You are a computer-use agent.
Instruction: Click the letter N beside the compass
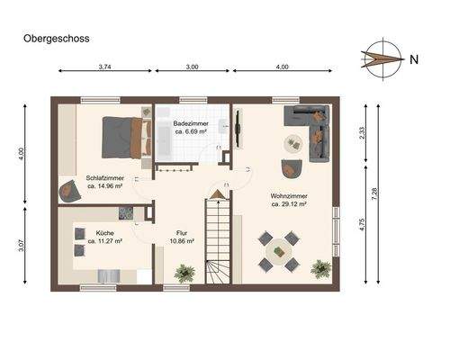coord(413,60)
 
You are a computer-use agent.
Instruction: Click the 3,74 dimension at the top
coord(104,67)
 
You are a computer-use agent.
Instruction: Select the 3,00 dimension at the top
coord(193,67)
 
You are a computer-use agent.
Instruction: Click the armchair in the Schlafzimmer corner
coord(68,190)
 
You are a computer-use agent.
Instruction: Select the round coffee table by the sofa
coord(293,142)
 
